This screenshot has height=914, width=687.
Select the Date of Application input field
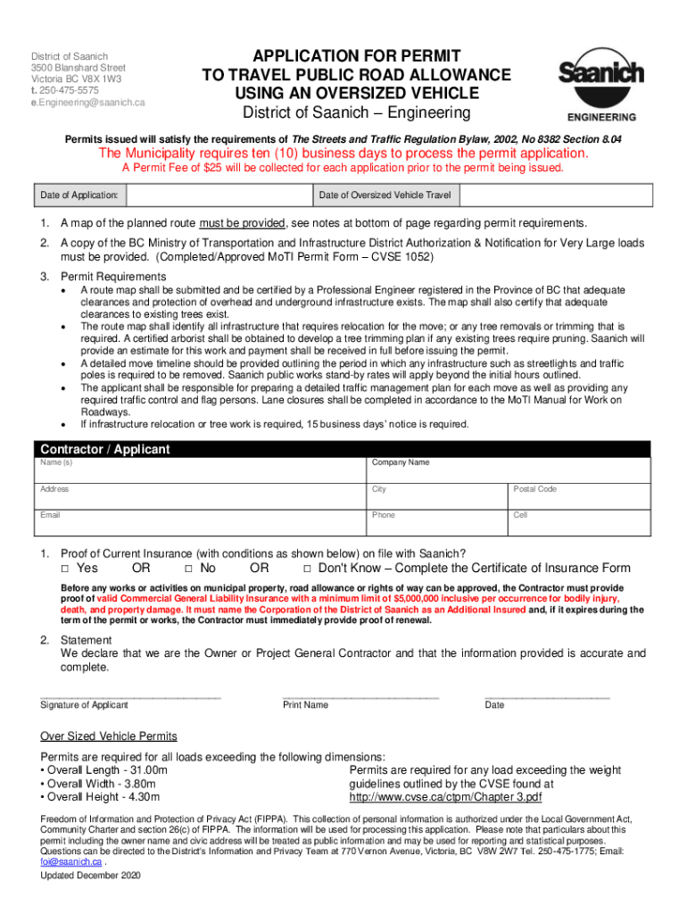219,195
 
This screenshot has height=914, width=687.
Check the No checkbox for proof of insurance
189,569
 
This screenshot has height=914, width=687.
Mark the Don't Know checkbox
308,569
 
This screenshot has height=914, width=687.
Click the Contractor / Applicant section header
103,449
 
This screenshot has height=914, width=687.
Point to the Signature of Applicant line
130,696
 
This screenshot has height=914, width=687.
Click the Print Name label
305,705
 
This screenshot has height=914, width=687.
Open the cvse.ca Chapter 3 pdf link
445,797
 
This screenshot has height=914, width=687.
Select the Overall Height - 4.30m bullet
100,797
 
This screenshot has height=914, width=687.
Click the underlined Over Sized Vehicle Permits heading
109,736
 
